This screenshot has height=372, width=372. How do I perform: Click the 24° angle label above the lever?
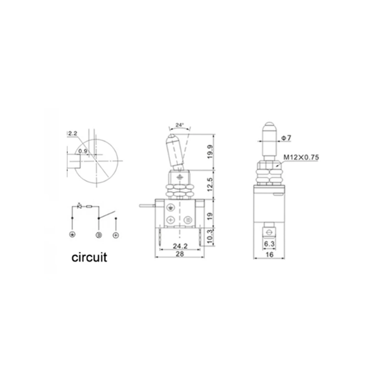(x=179, y=125)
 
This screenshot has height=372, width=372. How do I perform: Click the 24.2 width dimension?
(x=180, y=246)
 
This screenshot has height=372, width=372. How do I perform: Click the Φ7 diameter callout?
(x=286, y=138)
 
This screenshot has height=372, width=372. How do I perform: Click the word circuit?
(x=89, y=257)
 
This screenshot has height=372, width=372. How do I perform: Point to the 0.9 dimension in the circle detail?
(x=83, y=151)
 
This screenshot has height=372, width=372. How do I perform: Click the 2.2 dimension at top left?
(x=73, y=134)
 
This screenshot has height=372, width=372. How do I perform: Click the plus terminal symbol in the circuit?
(x=116, y=235)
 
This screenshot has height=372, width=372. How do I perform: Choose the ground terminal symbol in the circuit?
(x=72, y=235)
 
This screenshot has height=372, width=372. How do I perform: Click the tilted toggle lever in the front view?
(x=176, y=151)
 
